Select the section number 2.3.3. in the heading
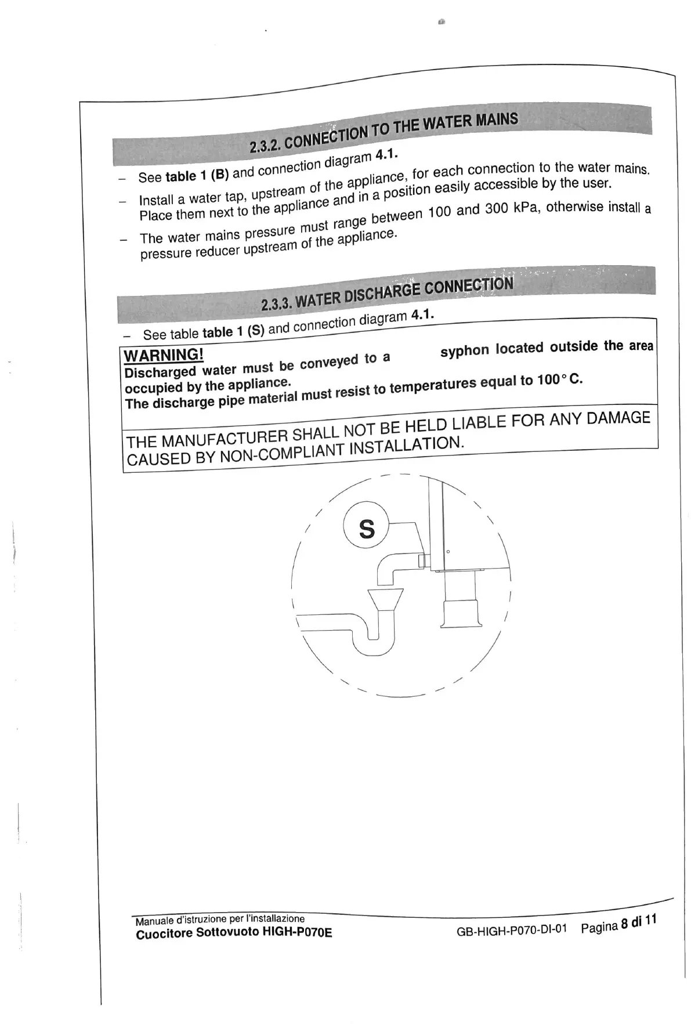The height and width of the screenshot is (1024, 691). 277,303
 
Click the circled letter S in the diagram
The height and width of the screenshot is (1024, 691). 367,529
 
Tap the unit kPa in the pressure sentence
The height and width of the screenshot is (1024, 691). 527,208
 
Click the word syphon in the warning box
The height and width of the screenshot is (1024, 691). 464,351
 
